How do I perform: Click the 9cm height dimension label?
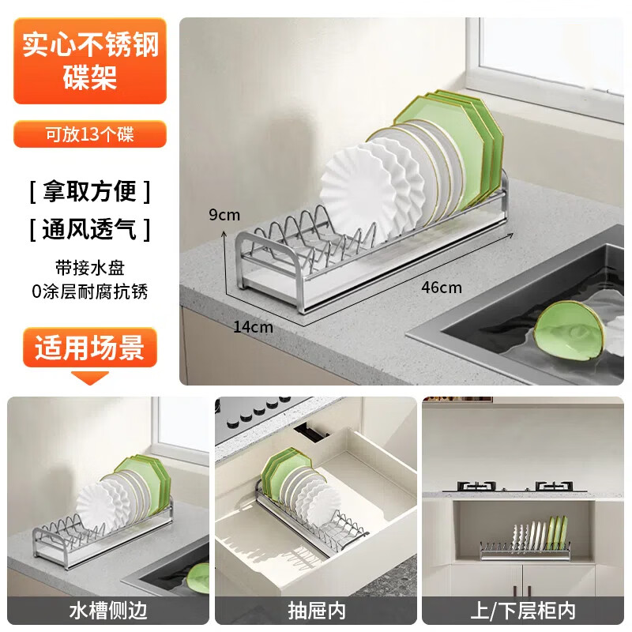[x=224, y=215]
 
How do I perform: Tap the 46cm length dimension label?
[x=442, y=287]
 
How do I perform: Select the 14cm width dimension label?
[x=253, y=326]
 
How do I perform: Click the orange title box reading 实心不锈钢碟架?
[x=90, y=60]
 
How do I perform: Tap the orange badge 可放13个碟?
[x=89, y=134]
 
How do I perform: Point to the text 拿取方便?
[x=89, y=191]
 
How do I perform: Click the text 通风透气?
[x=89, y=230]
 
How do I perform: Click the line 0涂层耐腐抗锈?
[x=89, y=292]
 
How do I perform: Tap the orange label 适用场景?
[x=89, y=348]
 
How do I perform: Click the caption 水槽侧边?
[x=108, y=611]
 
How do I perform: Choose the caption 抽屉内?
[x=316, y=611]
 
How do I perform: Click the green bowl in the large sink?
[x=567, y=333]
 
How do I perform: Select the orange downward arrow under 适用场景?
[x=89, y=377]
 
